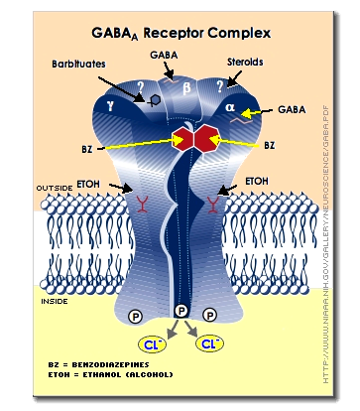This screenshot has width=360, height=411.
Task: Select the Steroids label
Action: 243,63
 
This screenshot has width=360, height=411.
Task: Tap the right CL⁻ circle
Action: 209,345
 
